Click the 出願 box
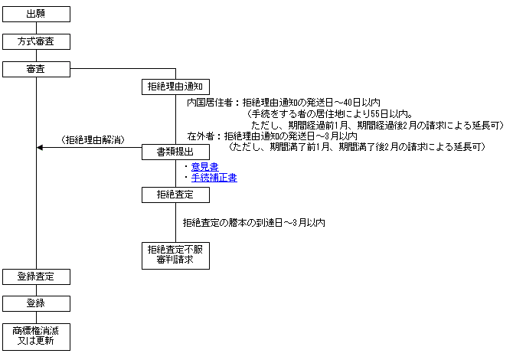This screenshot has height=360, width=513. coord(36,14)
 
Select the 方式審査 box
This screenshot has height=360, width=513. coord(36,41)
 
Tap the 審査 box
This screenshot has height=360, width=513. coord(36,69)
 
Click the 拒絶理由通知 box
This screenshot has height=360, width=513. coord(175,87)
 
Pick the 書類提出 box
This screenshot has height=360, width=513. coord(175,152)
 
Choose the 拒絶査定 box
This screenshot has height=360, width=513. coord(175,195)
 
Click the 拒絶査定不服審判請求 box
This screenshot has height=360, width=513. coord(175,256)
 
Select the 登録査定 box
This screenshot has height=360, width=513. coord(36,277)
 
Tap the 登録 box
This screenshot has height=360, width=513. coord(36,304)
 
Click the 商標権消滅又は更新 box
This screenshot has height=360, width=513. coord(36,337)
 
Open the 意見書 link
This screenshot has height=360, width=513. coord(204,167)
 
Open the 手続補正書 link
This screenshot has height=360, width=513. coord(214,178)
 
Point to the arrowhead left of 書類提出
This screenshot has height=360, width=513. coord(40,148)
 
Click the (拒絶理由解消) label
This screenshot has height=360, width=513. coord(93,140)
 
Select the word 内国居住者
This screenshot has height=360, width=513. coord(209,103)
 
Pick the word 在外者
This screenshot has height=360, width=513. coord(201,136)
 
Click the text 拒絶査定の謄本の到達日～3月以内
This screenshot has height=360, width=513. coord(254,223)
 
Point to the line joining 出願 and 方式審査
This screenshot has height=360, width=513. coord(36,28)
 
